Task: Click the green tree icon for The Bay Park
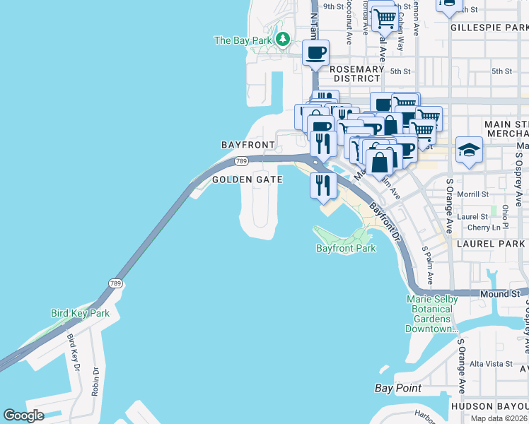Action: point(283,38)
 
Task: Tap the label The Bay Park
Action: point(243,40)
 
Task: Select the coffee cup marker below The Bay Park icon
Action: point(316,52)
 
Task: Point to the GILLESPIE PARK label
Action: point(488,28)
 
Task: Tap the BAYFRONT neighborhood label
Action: point(248,144)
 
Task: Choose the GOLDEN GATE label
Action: point(248,180)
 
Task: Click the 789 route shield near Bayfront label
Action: point(241,161)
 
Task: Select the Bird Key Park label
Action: point(80,313)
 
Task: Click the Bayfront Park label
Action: point(345,248)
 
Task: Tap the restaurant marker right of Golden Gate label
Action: point(322,185)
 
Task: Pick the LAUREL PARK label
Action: point(491,243)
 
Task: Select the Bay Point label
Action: point(397,388)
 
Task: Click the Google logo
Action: point(23,416)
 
